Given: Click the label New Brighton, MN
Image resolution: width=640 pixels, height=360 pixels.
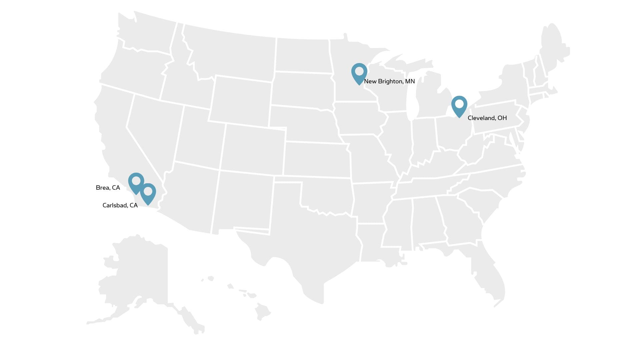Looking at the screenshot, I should [x=389, y=81].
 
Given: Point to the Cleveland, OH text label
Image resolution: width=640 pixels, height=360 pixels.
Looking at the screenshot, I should [x=487, y=118].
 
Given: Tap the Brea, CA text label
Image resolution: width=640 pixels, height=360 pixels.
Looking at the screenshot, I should [x=108, y=188].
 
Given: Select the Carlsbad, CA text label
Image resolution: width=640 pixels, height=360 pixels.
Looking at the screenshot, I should [x=120, y=205].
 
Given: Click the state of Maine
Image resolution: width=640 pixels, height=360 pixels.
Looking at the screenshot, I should [x=553, y=47].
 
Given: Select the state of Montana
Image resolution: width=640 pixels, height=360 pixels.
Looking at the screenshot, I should [x=233, y=53].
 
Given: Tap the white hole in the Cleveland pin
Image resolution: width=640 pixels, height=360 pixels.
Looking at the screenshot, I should [x=459, y=104].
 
